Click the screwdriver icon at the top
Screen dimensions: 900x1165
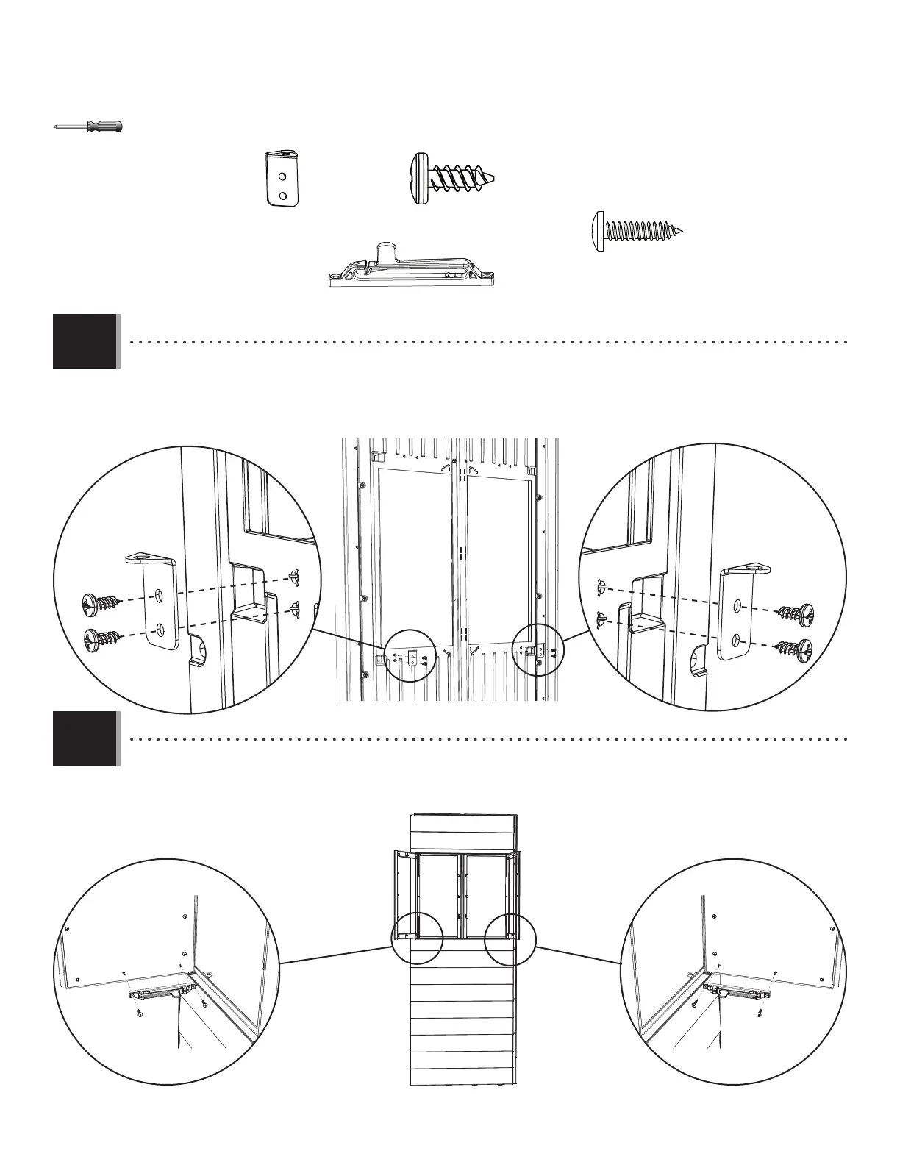[x=89, y=127]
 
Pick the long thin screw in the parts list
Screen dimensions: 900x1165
[x=638, y=231]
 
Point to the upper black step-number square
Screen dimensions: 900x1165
[x=85, y=341]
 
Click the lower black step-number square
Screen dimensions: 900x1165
[x=85, y=738]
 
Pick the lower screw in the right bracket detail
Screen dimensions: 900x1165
[x=799, y=648]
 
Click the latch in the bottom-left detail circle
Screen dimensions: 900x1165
[x=156, y=993]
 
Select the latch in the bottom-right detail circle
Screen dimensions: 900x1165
[x=737, y=993]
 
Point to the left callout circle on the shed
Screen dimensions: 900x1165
[x=417, y=938]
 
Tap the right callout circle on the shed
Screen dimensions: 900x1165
[x=511, y=938]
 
